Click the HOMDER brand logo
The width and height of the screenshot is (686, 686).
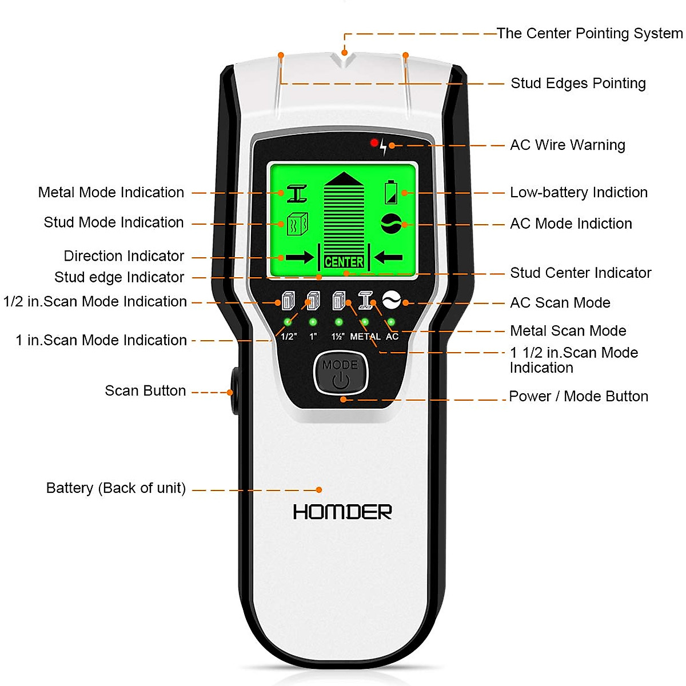click(342, 512)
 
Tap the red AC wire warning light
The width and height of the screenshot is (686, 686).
click(374, 142)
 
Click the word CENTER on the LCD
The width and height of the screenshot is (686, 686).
click(344, 262)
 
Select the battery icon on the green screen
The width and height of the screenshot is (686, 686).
click(391, 192)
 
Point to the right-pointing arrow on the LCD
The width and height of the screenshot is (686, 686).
click(299, 258)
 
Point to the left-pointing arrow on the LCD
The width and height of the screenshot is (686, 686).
click(389, 258)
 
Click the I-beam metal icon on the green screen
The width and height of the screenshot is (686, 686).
click(297, 193)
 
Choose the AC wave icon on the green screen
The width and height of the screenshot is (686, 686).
click(391, 224)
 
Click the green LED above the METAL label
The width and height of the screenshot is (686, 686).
click(365, 322)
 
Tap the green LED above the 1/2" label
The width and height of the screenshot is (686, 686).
click(288, 322)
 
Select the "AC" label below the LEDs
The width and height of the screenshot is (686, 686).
click(392, 337)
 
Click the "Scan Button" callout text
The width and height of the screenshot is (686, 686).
click(145, 391)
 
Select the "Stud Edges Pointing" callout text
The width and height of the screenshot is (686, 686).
click(578, 83)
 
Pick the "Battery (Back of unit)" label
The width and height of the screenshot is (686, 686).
click(116, 488)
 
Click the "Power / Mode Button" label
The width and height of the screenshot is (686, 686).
click(579, 397)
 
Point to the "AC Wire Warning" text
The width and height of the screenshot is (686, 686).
click(568, 145)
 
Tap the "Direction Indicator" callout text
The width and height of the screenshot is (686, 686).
click(124, 256)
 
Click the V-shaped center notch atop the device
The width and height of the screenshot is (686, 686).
click(344, 59)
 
